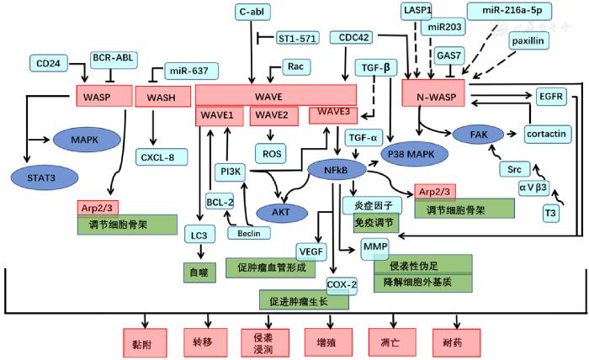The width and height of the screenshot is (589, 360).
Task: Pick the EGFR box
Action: (x=553, y=97)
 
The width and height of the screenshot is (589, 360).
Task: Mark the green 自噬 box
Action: (x=200, y=272)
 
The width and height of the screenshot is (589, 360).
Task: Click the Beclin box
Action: (x=250, y=232)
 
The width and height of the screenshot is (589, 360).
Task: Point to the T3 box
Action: (x=549, y=214)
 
